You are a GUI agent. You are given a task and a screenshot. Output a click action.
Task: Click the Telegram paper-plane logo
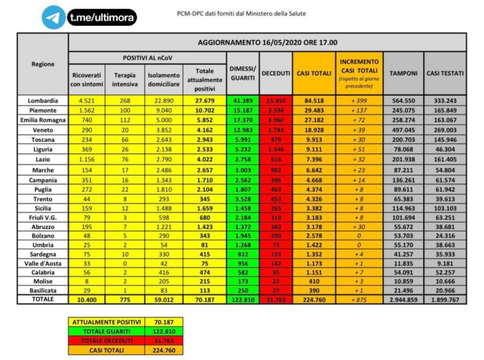coord(53,17)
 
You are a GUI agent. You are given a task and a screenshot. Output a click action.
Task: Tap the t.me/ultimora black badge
coord(102,17)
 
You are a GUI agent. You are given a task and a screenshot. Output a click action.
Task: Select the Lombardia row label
coord(43,101)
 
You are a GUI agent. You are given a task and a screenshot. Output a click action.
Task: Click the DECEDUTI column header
coord(276,73)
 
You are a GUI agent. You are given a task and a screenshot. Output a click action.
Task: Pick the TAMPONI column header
coord(403,73)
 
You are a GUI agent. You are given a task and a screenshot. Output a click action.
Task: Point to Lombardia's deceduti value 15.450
coord(276,101)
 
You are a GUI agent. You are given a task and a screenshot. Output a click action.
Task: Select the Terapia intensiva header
coord(125,80)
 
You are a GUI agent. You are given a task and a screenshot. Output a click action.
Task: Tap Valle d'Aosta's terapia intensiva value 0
coord(125,263)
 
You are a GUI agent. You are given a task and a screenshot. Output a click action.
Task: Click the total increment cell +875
coord(359,299)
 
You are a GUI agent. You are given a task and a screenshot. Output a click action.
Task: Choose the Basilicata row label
coord(43,291)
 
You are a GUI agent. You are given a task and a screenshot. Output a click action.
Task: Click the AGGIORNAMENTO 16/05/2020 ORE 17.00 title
coord(267,42)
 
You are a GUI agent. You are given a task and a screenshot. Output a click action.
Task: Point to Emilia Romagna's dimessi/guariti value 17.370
coord(243,120)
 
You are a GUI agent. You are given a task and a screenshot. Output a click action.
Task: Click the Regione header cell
coord(43,64)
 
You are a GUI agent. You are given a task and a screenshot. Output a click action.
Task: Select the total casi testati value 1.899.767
coord(445,299)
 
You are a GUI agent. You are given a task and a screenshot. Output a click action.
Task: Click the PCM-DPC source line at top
coord(242,14)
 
